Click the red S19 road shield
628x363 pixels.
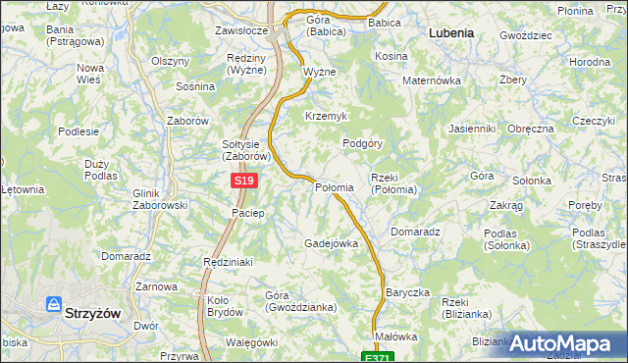[x=245, y=181]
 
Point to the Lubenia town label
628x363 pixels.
[x=451, y=32]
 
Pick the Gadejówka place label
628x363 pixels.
[x=331, y=242]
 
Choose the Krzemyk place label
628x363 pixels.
[x=327, y=116]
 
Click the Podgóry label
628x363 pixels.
[x=362, y=143]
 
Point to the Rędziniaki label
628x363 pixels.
[x=229, y=262]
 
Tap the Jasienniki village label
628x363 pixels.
[x=471, y=129]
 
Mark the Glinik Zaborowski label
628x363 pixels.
[x=159, y=199]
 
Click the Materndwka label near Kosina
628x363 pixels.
[x=432, y=80]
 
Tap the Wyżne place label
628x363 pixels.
[x=320, y=73]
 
